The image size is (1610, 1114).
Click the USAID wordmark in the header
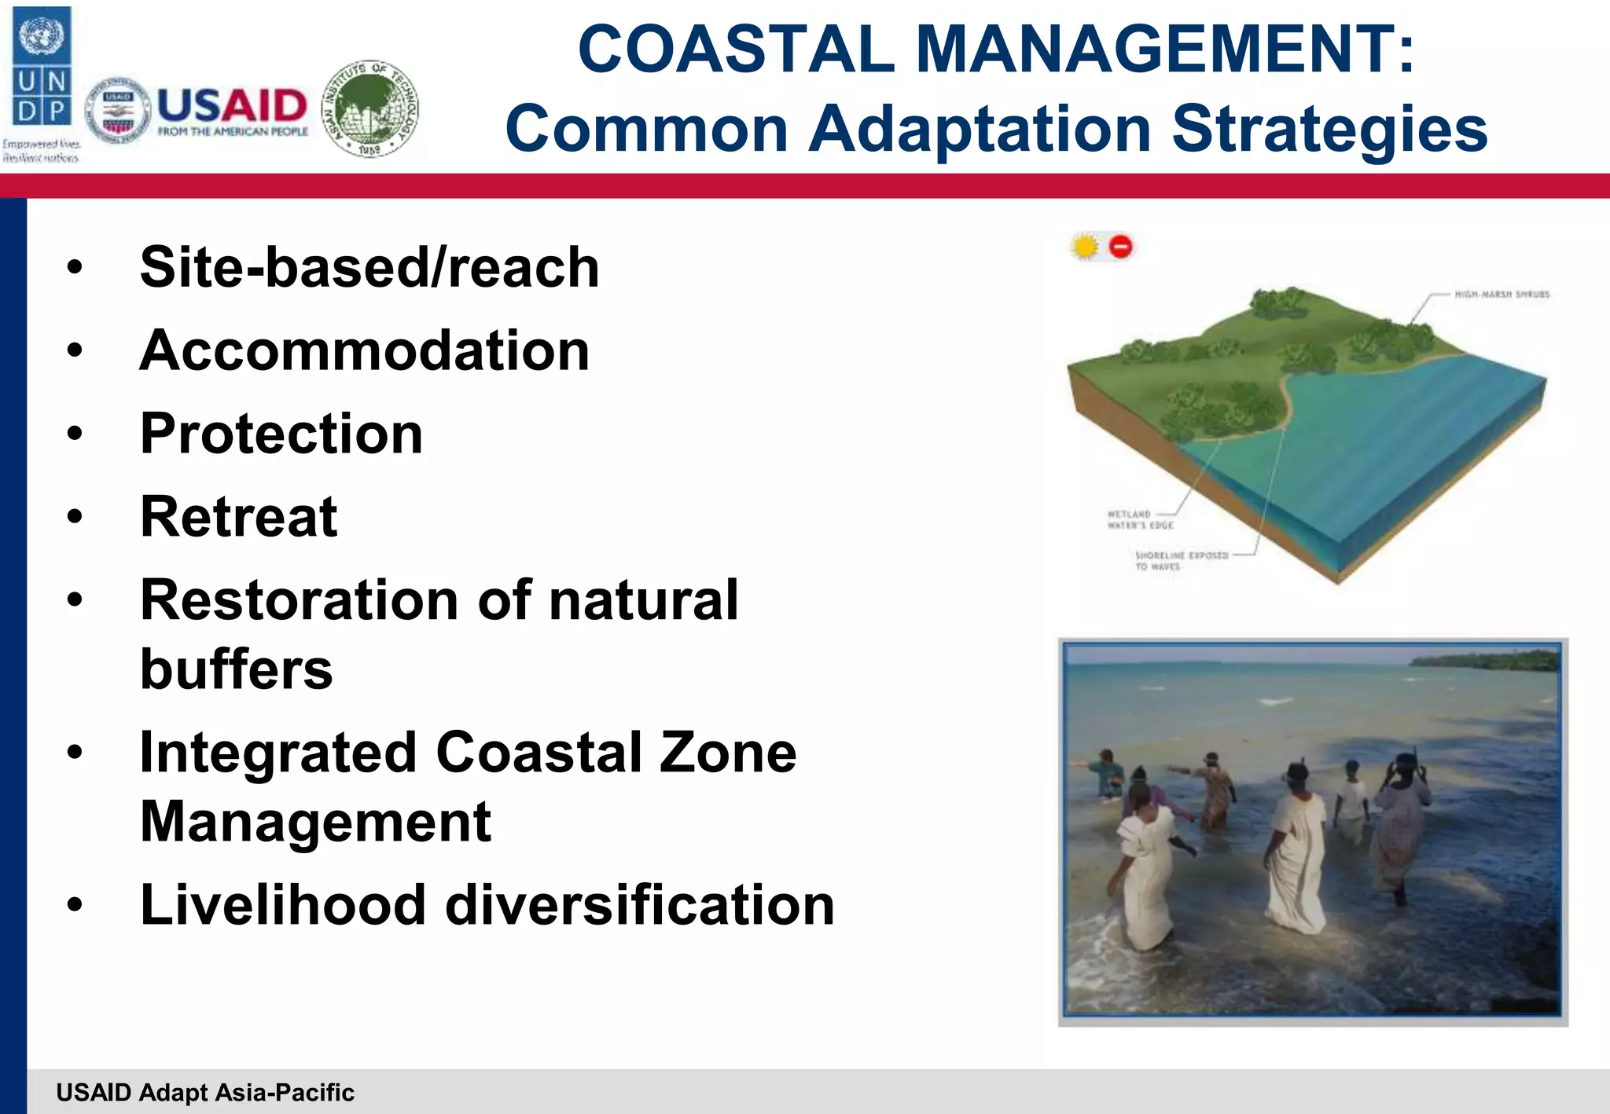pyautogui.click(x=232, y=106)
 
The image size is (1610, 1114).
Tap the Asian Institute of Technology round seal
pyautogui.click(x=371, y=108)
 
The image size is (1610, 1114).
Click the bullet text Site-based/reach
pyautogui.click(x=369, y=268)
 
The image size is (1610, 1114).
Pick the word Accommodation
pyautogui.click(x=364, y=351)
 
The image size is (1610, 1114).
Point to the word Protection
pyautogui.click(x=281, y=434)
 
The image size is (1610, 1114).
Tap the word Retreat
pyautogui.click(x=239, y=518)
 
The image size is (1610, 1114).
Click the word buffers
pyautogui.click(x=236, y=670)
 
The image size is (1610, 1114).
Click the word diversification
pyautogui.click(x=639, y=905)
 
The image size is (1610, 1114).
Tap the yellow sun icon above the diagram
pyautogui.click(x=1085, y=247)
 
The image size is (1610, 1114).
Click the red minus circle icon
pyautogui.click(x=1121, y=247)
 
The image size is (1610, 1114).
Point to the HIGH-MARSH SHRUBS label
pyautogui.click(x=1502, y=295)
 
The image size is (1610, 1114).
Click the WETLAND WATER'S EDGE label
pyautogui.click(x=1139, y=520)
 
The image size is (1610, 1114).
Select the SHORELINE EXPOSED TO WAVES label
pyautogui.click(x=1180, y=560)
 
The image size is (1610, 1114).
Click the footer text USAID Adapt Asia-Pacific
pyautogui.click(x=205, y=1093)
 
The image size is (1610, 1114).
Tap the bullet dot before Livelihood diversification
pyautogui.click(x=75, y=905)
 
